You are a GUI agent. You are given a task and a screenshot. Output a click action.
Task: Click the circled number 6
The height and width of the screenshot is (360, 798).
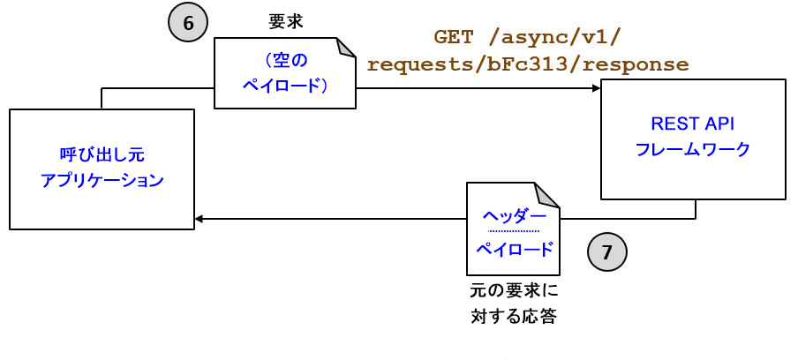pos(187,23)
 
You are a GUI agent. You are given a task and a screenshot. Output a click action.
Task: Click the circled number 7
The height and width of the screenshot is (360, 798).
pos(606,252)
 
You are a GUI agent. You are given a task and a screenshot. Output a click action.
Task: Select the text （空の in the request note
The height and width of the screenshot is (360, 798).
pos(285,60)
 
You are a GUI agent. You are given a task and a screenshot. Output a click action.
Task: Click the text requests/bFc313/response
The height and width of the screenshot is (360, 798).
pos(528,64)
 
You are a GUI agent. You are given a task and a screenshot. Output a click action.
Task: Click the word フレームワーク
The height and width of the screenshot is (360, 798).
pos(693,149)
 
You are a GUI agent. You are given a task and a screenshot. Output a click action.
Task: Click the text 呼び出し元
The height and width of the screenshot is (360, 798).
pos(102,155)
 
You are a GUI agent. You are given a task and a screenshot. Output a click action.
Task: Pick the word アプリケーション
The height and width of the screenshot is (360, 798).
pos(102,181)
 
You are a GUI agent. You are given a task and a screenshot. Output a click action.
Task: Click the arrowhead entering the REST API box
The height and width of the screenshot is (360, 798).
pos(596,88)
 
